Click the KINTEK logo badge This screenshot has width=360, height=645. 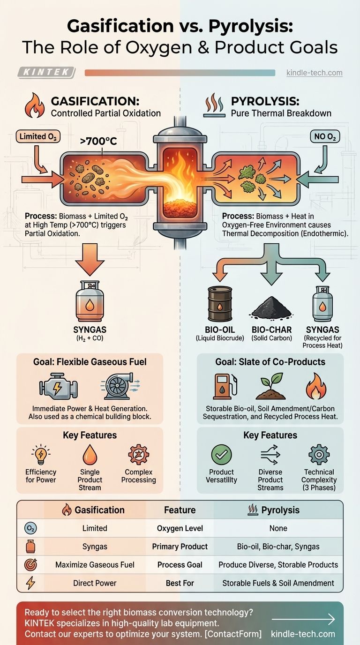point(46,73)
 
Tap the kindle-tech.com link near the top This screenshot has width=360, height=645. point(314,73)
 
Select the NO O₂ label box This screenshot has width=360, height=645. point(324,136)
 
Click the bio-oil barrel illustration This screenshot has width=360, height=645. point(220,304)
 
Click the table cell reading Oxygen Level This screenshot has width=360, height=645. point(180,528)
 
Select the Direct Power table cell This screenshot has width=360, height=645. point(95,583)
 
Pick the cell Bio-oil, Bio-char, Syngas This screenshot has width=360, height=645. point(278,547)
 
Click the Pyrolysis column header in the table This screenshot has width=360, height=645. point(280,510)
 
